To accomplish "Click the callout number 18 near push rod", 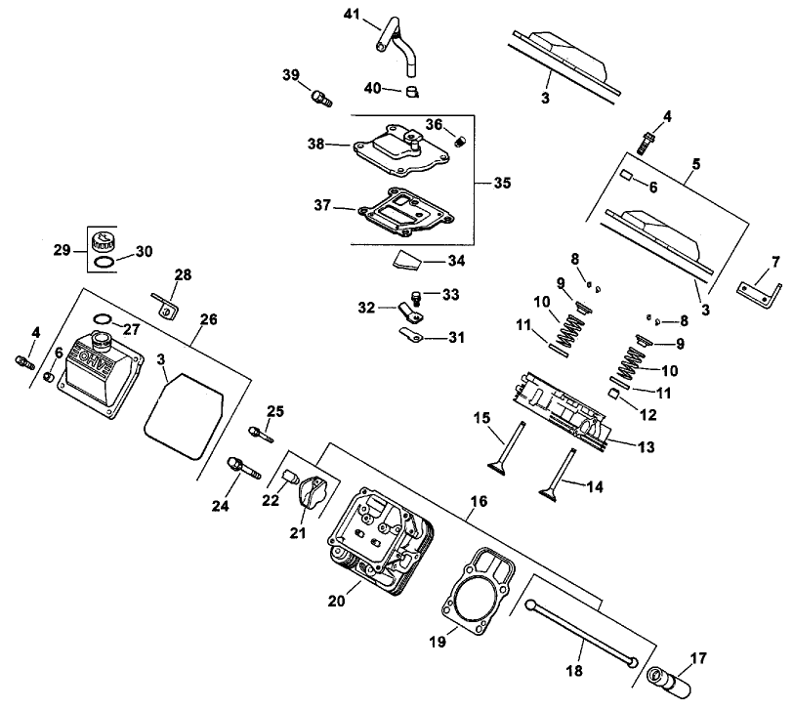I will (575, 672).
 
